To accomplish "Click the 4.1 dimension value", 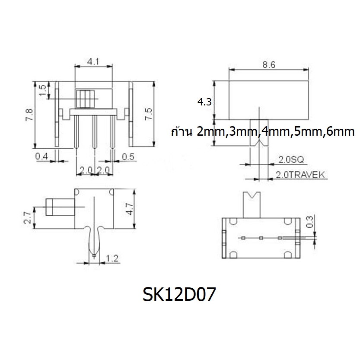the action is click(93, 61).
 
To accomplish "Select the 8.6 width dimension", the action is click(269, 65).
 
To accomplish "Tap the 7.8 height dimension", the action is click(29, 115).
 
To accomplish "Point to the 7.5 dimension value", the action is click(148, 114).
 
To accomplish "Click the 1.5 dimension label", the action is click(42, 90).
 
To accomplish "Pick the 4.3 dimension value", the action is click(204, 102).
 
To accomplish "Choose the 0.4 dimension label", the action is click(41, 156).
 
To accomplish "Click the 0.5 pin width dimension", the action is click(128, 157).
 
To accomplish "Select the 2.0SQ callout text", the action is click(291, 159).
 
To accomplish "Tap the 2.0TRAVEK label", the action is click(300, 175).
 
